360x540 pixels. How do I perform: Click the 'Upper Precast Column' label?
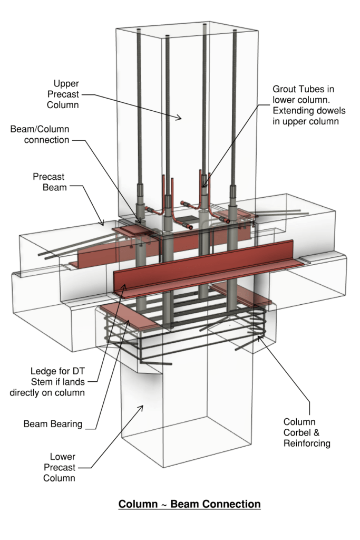click(x=66, y=94)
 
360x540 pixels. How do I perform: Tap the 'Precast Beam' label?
click(x=50, y=181)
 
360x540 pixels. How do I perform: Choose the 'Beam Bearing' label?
click(x=53, y=424)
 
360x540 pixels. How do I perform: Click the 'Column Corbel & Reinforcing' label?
click(x=306, y=432)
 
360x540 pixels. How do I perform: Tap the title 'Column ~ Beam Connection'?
click(x=189, y=504)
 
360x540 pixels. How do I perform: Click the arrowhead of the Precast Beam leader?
click(x=104, y=224)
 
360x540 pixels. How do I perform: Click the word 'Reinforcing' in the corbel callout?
click(x=306, y=443)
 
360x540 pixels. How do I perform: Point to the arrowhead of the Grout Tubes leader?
click(x=203, y=187)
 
